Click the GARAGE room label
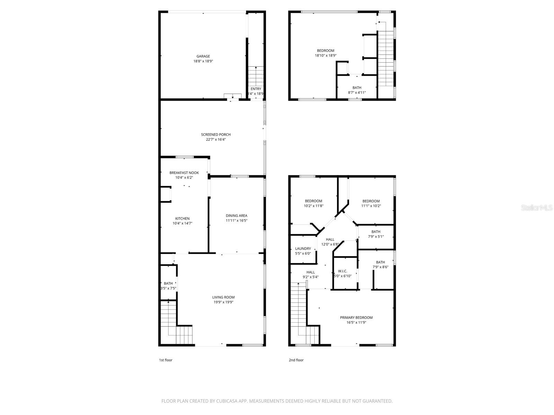tap(203, 56)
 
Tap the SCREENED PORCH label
tap(216, 135)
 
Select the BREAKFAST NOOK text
tap(184, 173)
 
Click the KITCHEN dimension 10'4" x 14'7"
tap(182, 223)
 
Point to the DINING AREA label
tap(236, 216)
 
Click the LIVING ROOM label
tap(223, 297)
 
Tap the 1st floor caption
tap(166, 360)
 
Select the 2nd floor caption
tap(296, 360)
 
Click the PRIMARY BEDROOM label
tap(356, 318)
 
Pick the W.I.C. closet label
tap(342, 271)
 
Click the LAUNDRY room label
tap(303, 249)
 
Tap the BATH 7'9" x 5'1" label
tap(376, 232)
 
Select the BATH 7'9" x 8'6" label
tap(380, 262)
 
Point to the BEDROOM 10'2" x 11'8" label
tap(313, 201)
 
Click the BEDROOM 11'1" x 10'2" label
tap(371, 201)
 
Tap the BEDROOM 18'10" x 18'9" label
tap(325, 51)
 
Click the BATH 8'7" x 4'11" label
tap(357, 88)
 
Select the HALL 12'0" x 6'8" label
tap(330, 240)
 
